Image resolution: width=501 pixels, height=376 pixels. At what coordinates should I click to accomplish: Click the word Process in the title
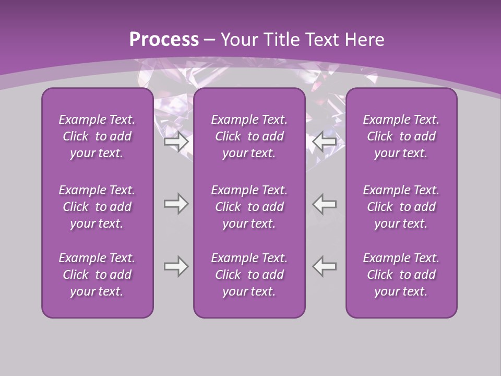[164, 39]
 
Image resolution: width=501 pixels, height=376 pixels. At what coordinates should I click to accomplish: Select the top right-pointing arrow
[176, 142]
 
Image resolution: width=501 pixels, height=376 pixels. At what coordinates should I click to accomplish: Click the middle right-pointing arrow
[176, 204]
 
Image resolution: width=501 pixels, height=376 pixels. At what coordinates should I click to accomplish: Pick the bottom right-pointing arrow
[176, 266]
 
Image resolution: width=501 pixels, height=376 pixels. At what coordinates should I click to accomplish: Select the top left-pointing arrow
[325, 142]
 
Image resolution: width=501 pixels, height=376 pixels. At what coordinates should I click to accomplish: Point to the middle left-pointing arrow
[325, 204]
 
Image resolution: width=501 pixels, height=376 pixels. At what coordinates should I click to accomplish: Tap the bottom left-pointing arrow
[325, 266]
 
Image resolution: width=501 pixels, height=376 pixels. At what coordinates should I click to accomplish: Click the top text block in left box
[97, 136]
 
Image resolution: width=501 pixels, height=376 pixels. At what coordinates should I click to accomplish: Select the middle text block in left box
[97, 207]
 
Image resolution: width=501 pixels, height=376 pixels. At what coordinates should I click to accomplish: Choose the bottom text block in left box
[97, 275]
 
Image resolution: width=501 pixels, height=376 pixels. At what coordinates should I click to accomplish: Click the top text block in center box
[249, 136]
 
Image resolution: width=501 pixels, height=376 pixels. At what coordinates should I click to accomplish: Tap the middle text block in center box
[249, 207]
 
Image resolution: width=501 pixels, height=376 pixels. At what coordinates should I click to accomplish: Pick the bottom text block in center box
[249, 275]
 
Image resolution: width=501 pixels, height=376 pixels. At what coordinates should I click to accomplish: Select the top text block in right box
[401, 136]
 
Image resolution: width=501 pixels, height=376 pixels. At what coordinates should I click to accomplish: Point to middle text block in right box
[401, 207]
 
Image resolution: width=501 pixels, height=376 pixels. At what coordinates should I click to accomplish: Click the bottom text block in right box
[401, 275]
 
